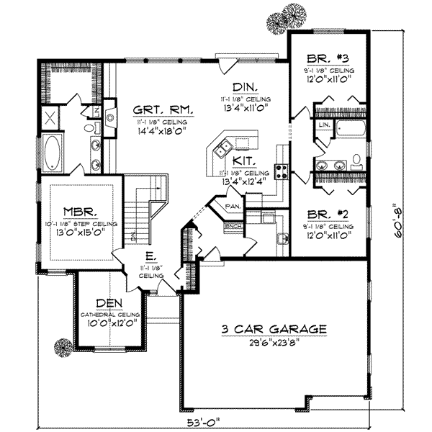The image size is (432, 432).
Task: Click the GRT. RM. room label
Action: pyautogui.click(x=163, y=110)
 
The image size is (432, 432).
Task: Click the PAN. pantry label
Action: pyautogui.click(x=233, y=206)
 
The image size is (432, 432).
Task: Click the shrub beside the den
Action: pyautogui.click(x=64, y=348)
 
